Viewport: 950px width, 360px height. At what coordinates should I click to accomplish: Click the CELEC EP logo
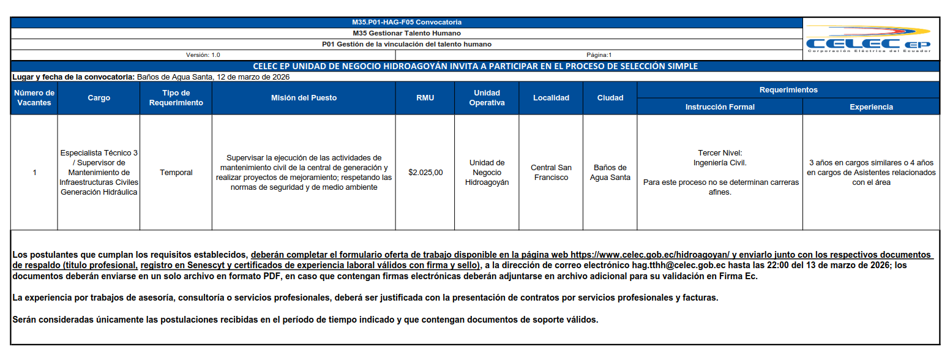point(869,40)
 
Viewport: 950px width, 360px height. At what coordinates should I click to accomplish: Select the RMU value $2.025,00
point(425,173)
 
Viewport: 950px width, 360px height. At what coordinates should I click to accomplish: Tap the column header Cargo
point(99,98)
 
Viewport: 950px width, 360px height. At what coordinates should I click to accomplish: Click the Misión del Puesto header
point(304,98)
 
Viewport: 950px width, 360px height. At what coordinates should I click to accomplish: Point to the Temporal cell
point(176,173)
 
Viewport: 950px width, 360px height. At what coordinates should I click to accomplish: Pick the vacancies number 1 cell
point(34,173)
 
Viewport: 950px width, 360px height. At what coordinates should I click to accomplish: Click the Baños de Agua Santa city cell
point(610,173)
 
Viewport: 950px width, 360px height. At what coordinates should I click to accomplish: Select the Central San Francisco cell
point(551,173)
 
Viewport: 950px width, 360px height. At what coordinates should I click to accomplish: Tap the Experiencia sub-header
point(871,107)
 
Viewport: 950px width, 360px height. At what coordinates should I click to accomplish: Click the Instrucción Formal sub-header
point(720,107)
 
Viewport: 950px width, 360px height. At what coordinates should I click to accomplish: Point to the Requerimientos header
point(788,90)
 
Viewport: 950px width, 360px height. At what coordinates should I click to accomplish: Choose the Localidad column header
point(551,98)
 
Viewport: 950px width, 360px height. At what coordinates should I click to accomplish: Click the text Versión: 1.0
point(203,55)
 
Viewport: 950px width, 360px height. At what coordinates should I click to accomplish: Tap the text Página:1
point(599,55)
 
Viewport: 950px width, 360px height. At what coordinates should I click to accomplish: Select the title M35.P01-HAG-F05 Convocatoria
point(407,23)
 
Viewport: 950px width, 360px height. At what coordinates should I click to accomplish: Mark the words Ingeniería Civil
point(720,163)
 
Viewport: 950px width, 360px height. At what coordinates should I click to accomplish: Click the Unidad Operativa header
point(487,98)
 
